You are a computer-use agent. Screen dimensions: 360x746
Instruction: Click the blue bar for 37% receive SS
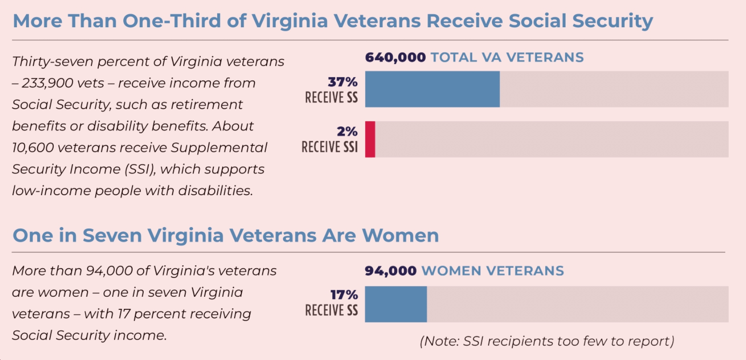pos(432,89)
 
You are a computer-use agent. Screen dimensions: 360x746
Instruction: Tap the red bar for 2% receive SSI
pos(370,139)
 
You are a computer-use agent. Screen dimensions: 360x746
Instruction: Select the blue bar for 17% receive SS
pos(396,304)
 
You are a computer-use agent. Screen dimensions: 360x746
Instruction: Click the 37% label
pos(343,82)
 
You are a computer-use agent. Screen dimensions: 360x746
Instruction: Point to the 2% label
pos(347,132)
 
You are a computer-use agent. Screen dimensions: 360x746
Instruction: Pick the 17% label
pos(344,295)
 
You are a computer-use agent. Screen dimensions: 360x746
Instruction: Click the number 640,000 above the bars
pos(395,58)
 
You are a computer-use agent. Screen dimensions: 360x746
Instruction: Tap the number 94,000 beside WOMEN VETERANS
pos(390,271)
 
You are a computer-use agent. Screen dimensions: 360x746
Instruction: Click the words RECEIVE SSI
pos(330,147)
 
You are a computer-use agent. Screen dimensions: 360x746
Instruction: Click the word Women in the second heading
pos(400,236)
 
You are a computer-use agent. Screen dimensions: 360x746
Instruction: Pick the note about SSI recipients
pos(547,341)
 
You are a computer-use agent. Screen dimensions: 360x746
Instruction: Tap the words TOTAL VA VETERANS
pos(507,58)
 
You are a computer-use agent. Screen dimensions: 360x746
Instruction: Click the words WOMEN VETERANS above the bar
pos(492,271)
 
